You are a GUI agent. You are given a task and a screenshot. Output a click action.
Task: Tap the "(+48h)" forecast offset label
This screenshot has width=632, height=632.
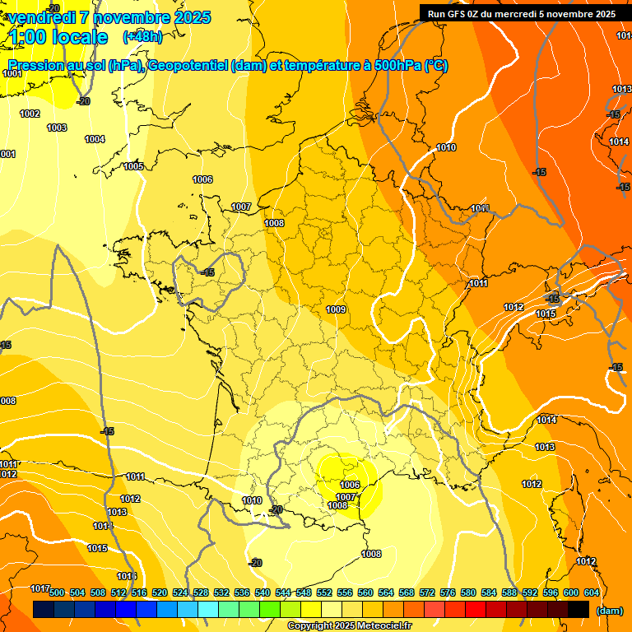[x=142, y=37]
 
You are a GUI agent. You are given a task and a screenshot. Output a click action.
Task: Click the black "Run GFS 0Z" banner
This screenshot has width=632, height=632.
[x=521, y=13]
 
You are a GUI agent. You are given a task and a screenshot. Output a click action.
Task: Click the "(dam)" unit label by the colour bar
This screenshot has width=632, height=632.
[x=608, y=610]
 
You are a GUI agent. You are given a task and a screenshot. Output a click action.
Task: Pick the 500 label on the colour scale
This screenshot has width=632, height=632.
[x=57, y=592]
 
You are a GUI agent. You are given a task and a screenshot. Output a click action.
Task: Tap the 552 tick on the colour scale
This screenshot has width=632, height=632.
[x=324, y=592]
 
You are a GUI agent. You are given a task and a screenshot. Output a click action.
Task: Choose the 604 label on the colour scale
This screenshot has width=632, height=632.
[x=592, y=592]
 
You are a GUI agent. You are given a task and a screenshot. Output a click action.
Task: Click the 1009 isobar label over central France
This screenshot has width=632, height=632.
[x=335, y=309]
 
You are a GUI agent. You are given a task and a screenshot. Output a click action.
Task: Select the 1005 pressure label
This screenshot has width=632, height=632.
[x=133, y=166]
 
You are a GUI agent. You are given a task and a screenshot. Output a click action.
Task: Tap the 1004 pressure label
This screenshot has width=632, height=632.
[x=95, y=139]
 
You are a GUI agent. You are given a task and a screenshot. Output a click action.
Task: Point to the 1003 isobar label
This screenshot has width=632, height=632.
[x=57, y=128]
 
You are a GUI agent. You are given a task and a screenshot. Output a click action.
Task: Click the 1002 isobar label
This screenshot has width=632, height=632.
[x=30, y=114]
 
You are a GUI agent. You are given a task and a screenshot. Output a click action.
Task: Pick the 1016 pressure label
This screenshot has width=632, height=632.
[x=127, y=576]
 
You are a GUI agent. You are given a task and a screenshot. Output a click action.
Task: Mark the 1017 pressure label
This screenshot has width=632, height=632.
[x=40, y=588]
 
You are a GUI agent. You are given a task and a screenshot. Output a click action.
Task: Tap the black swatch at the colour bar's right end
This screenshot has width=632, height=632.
[x=579, y=609]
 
